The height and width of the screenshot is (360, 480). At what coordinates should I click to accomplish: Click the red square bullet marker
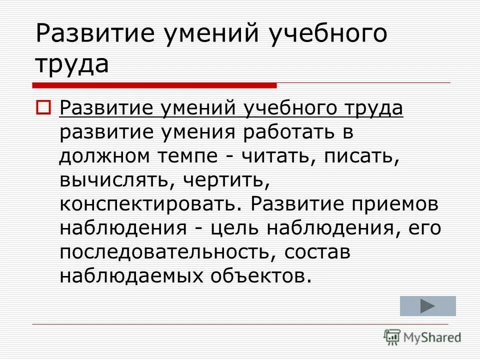(43, 106)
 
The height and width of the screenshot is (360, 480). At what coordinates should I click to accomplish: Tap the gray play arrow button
(428, 306)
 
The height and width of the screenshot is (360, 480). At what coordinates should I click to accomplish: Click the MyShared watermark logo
(422, 336)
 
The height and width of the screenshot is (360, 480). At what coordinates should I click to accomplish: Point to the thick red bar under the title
(154, 85)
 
